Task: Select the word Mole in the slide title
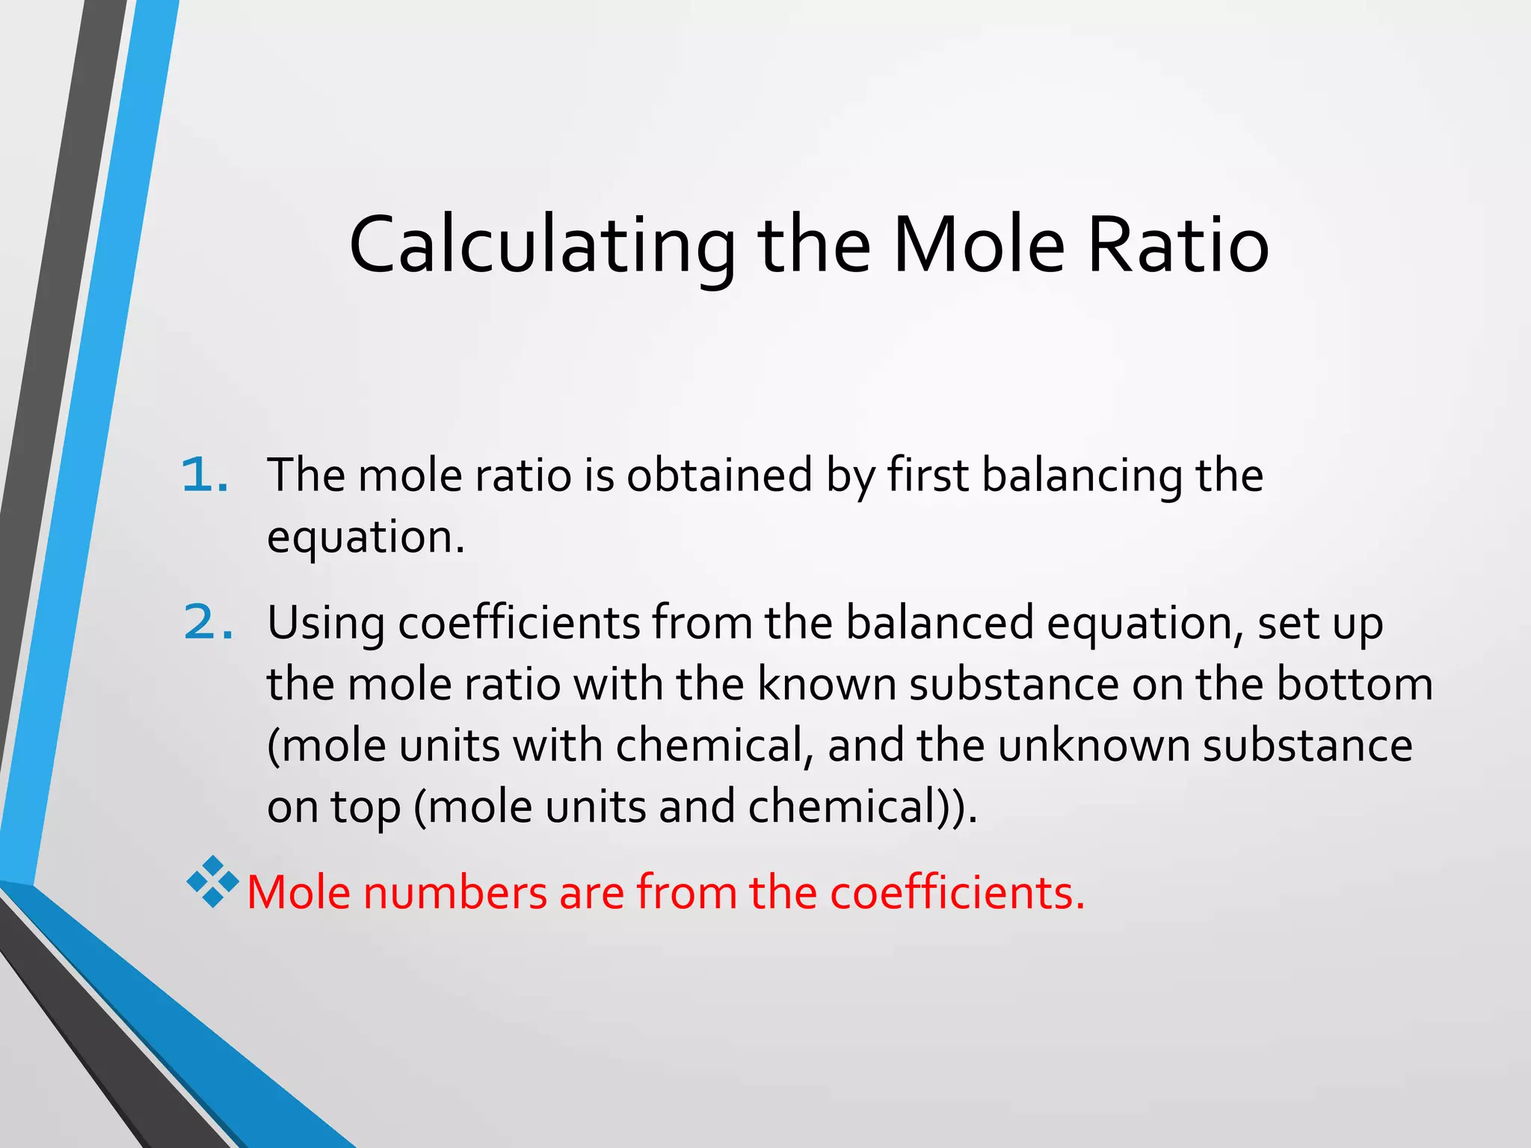[979, 245]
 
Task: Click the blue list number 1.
[204, 475]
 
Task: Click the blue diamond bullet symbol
[213, 882]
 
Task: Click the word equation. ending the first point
[366, 538]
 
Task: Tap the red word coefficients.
[957, 892]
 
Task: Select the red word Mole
[298, 892]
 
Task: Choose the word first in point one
[928, 475]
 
